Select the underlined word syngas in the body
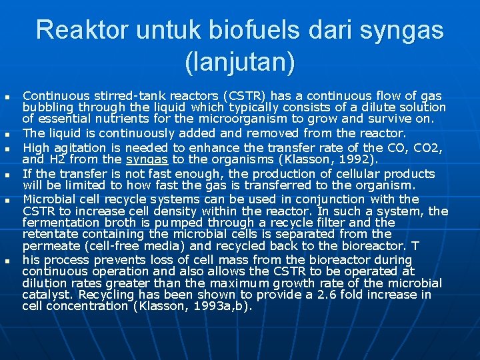point(147,159)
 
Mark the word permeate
point(48,245)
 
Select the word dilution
point(44,283)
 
